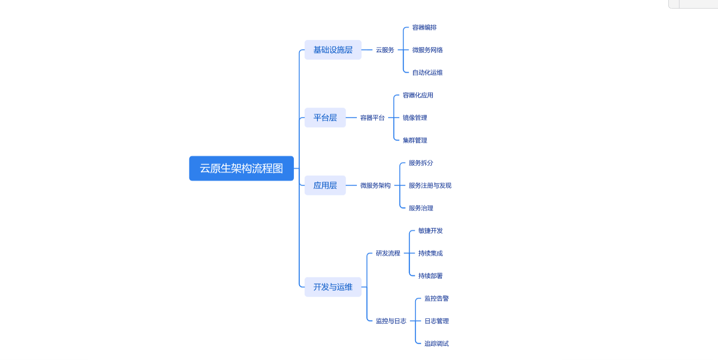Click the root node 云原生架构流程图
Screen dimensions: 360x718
pyautogui.click(x=241, y=168)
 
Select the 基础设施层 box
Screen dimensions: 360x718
pyautogui.click(x=333, y=50)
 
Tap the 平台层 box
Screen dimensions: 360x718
pyautogui.click(x=325, y=117)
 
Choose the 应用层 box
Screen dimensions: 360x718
pyautogui.click(x=325, y=185)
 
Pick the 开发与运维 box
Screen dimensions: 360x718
pyautogui.click(x=333, y=287)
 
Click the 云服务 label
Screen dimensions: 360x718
pyautogui.click(x=385, y=50)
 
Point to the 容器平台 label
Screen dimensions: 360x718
pyautogui.click(x=372, y=117)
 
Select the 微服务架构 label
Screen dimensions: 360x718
pyautogui.click(x=375, y=185)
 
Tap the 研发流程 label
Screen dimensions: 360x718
pyautogui.click(x=388, y=253)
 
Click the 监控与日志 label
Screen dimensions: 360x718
pyautogui.click(x=391, y=321)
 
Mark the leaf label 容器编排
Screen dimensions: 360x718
pyautogui.click(x=424, y=27)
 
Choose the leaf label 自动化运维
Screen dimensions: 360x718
pyautogui.click(x=427, y=72)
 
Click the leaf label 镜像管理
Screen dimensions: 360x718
pyautogui.click(x=415, y=117)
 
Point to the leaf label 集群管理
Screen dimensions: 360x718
pyautogui.click(x=415, y=140)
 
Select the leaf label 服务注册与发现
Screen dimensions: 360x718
pyautogui.click(x=430, y=185)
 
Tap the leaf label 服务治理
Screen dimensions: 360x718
pyautogui.click(x=421, y=208)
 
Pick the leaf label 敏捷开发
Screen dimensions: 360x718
pyautogui.click(x=430, y=231)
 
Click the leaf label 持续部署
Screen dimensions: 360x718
pyautogui.click(x=430, y=276)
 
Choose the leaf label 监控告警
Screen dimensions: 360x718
pyautogui.click(x=436, y=298)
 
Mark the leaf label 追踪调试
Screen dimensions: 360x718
pyautogui.click(x=436, y=343)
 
